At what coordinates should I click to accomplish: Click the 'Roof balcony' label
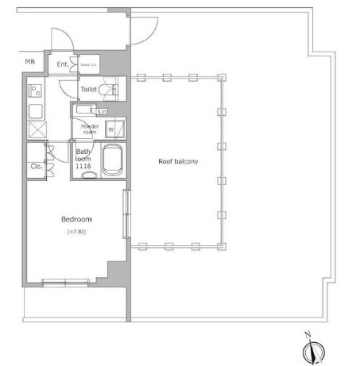point(178,161)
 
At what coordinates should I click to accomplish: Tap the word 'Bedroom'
point(77,219)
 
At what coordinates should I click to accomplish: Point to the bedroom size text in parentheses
point(77,232)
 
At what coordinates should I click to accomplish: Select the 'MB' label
point(29,62)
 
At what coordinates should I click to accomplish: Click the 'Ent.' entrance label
point(62,65)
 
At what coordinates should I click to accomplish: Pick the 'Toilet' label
point(88,90)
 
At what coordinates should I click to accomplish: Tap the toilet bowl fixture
point(114,89)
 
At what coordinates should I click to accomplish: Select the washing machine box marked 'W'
point(111,128)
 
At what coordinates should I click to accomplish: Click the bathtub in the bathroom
point(113,162)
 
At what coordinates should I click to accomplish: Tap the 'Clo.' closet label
point(37,167)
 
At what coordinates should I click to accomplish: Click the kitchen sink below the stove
point(36,110)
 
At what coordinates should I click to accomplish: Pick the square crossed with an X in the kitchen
point(37,130)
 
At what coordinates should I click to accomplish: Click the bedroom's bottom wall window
point(66,282)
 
